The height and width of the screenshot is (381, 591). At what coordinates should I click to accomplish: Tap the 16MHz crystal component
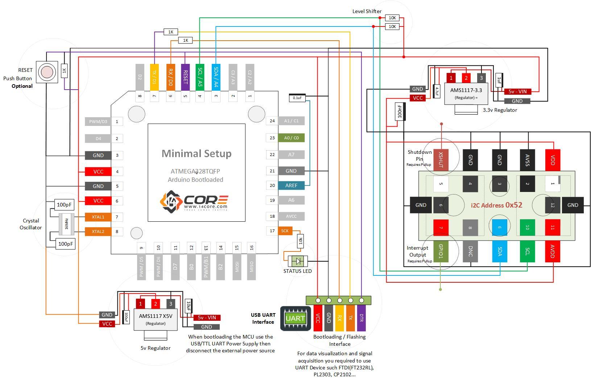[67, 224]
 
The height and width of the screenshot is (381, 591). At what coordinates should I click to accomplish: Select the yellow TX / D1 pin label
[154, 77]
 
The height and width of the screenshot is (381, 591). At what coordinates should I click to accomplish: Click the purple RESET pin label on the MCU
[185, 77]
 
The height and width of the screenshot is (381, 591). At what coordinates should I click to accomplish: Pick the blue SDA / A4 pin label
[216, 77]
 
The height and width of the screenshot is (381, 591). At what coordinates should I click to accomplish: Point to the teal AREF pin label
[291, 185]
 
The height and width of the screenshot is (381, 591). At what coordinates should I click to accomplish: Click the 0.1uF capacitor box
[297, 98]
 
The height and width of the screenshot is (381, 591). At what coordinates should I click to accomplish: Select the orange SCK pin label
[285, 231]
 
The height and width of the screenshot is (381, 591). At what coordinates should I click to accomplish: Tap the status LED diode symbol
[298, 261]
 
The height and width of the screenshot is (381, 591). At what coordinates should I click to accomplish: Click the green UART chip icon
[295, 319]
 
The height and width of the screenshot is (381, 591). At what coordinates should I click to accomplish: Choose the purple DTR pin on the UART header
[361, 318]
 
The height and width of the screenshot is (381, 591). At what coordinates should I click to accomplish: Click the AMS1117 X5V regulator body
[156, 319]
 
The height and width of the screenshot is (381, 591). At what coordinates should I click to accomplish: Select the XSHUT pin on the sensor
[441, 160]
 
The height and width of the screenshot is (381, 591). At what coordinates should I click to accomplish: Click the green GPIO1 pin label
[441, 251]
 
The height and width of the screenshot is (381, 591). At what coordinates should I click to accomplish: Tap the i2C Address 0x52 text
[496, 205]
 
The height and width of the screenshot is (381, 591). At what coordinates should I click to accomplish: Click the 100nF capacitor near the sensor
[400, 112]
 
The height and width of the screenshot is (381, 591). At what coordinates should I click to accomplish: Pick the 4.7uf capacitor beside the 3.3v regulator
[437, 91]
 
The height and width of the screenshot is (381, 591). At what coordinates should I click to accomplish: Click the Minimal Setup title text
[196, 153]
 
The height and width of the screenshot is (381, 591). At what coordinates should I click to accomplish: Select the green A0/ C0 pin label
[291, 138]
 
